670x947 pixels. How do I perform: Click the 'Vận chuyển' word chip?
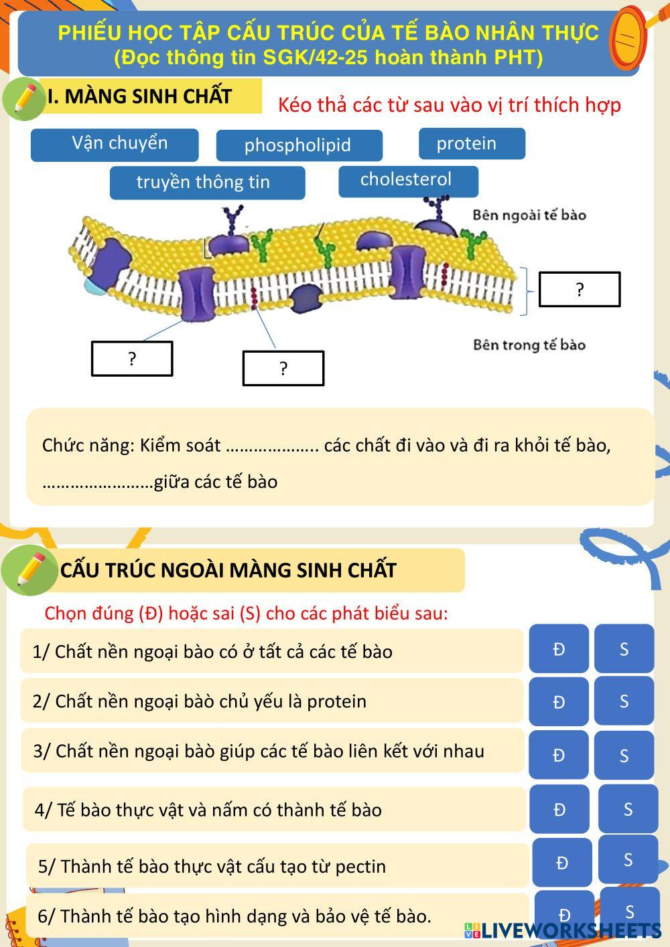tap(115, 145)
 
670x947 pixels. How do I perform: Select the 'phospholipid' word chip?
tap(299, 145)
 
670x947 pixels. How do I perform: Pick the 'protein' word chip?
tap(472, 143)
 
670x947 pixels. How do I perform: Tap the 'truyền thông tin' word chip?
tap(207, 182)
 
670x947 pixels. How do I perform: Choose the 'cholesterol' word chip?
tap(408, 181)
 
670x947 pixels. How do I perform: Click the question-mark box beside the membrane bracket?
tap(580, 289)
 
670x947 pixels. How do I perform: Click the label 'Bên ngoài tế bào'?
tap(529, 215)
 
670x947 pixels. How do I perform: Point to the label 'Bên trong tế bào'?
tap(529, 345)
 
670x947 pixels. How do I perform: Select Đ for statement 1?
tap(559, 649)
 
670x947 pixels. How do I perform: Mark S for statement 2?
tap(624, 701)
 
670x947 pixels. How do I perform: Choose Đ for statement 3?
tap(559, 755)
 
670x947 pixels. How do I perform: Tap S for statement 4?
tap(628, 809)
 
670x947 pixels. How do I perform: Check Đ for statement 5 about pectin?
tap(562, 862)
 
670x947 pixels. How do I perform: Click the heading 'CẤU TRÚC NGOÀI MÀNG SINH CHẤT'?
tap(228, 570)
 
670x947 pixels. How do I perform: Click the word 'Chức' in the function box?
tap(57, 445)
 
